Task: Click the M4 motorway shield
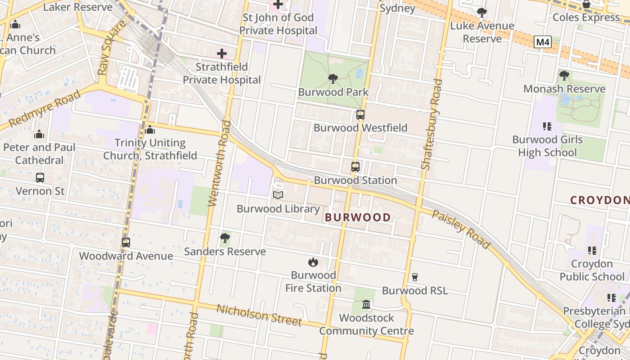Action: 543,42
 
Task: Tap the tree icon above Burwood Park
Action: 333,79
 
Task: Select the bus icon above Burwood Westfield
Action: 360,115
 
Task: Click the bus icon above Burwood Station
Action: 355,167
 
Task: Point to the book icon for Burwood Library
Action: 278,195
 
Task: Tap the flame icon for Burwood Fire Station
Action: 313,262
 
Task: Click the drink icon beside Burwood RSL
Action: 415,277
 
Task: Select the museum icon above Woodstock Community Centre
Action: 366,305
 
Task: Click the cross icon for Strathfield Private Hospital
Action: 222,54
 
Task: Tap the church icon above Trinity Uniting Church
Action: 150,130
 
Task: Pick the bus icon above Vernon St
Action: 40,178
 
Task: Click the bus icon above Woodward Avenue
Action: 126,243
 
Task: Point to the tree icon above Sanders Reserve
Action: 225,238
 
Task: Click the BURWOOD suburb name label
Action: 358,217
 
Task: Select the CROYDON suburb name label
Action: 599,200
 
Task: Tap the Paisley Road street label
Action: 461,229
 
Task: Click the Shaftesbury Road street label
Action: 432,125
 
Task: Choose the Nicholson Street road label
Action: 259,315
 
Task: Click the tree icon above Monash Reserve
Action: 564,76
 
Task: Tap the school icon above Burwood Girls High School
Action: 547,126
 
